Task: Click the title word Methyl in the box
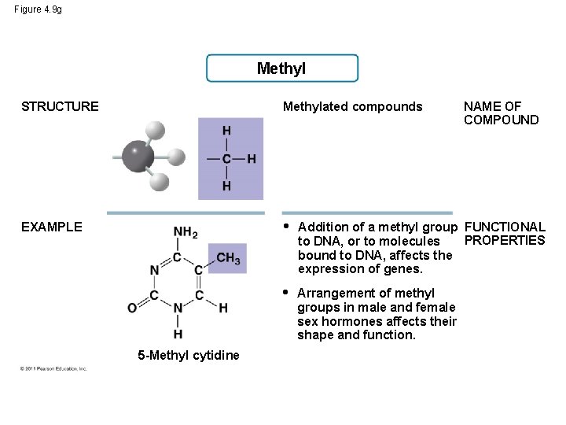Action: point(281,68)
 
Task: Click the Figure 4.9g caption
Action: point(39,9)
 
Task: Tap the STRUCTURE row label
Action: point(60,106)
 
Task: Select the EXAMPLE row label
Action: point(51,227)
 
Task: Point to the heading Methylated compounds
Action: point(352,106)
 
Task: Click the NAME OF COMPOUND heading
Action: point(501,113)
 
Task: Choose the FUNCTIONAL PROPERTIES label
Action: point(505,234)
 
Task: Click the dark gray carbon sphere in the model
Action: point(138,156)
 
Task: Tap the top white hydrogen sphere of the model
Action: point(155,130)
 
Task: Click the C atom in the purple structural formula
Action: point(226,158)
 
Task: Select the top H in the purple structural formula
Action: point(226,131)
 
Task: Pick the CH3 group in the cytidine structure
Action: point(228,258)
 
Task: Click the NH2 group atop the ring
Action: point(185,232)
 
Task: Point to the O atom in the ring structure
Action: point(131,308)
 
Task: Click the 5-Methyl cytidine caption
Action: point(189,355)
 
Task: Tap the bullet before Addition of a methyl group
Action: point(286,227)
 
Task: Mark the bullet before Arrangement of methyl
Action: point(286,293)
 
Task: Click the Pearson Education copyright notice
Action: point(54,368)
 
